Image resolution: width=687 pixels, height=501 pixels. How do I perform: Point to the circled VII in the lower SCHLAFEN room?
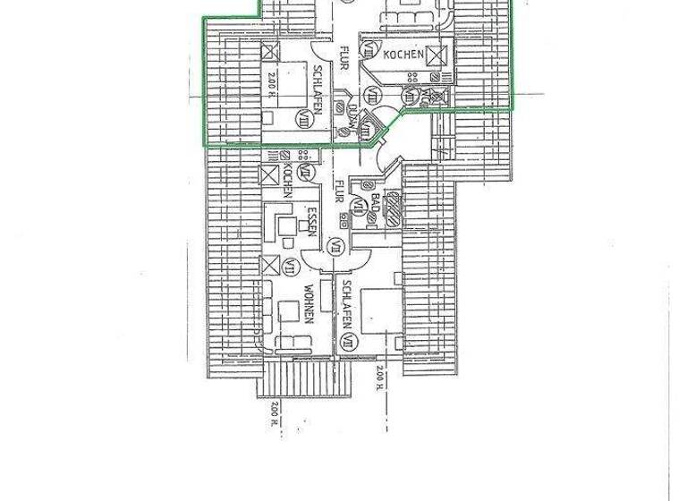pos(348,340)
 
